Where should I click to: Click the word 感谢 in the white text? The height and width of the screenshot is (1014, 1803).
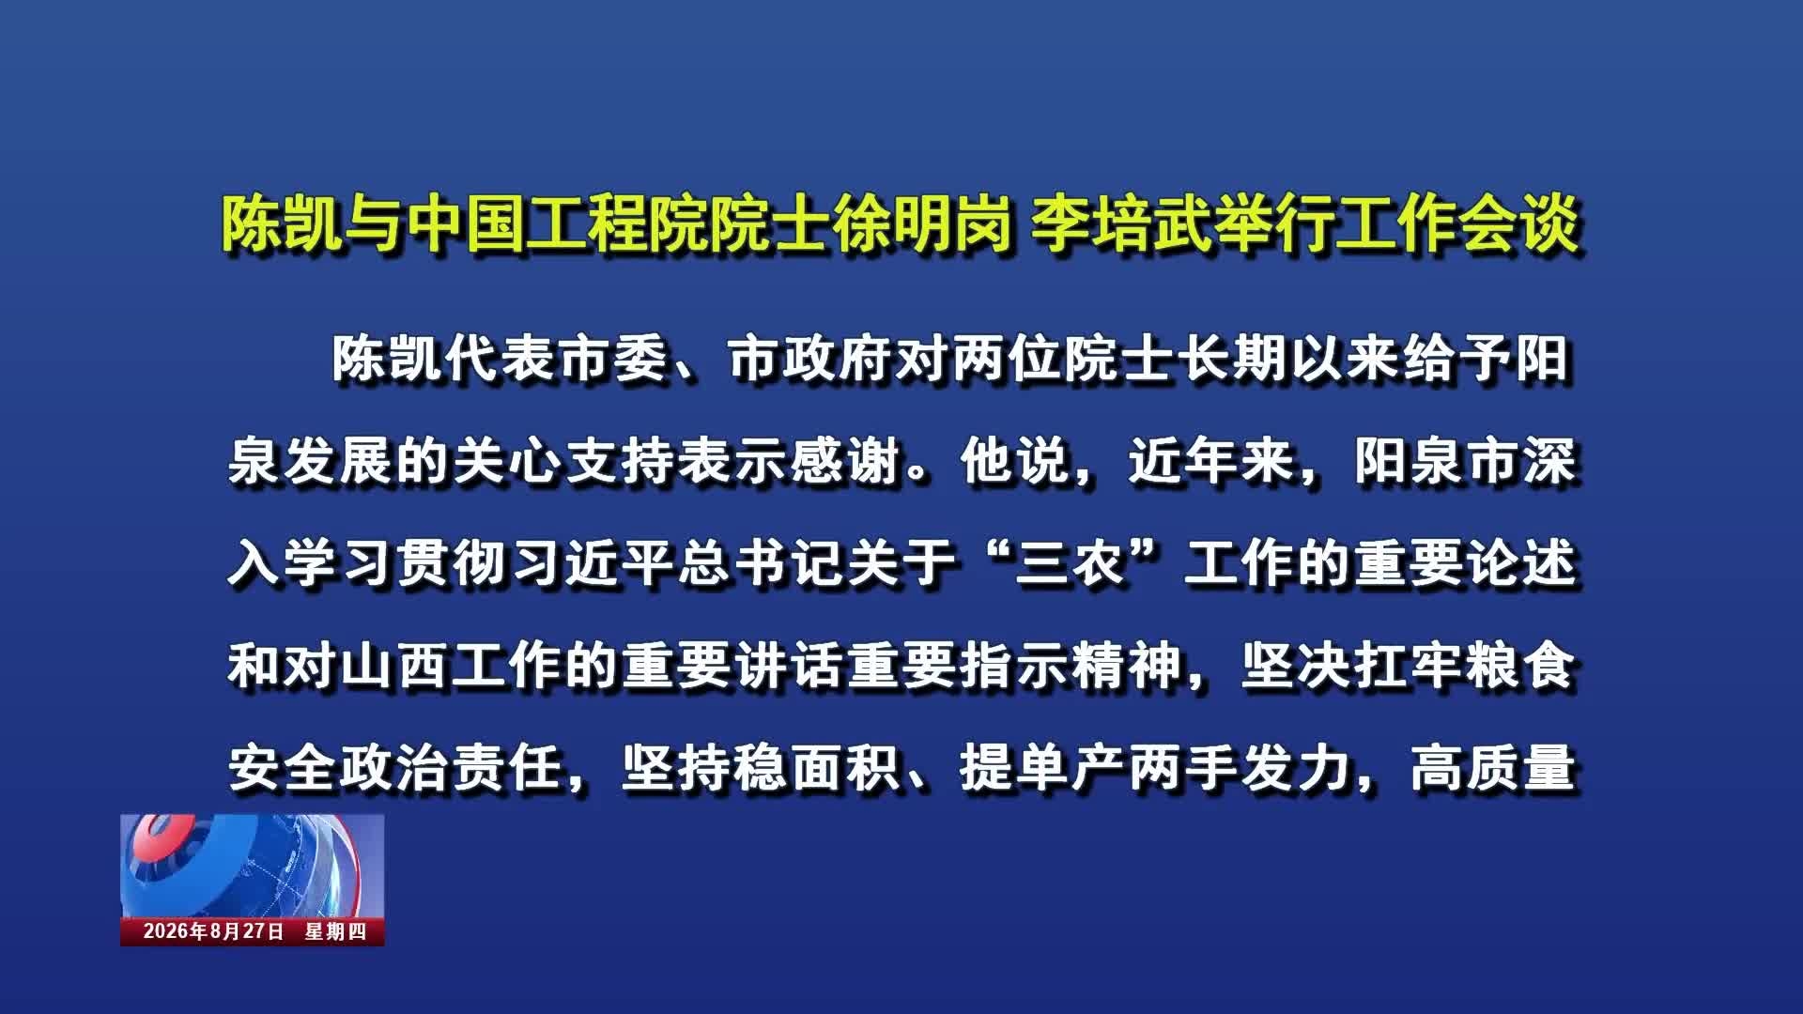click(x=848, y=461)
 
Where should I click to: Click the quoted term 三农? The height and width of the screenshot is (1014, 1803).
click(x=1071, y=563)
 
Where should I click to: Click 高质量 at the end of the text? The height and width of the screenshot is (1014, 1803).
click(x=1493, y=768)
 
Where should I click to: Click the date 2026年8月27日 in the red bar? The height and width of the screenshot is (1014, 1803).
click(x=213, y=931)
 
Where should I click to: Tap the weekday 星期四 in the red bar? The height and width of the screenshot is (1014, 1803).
click(x=335, y=931)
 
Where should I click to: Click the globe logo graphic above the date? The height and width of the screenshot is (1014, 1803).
click(x=253, y=866)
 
